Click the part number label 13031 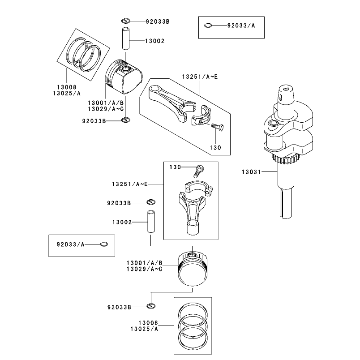point(251,172)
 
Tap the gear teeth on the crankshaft point(283,159)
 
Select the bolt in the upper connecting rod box point(217,127)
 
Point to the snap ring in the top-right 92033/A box point(208,26)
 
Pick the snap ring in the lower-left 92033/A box point(104,244)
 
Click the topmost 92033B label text point(158,21)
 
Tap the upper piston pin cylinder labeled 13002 point(126,39)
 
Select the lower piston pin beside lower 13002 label point(151,221)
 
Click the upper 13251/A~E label point(200,77)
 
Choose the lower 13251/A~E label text point(130,184)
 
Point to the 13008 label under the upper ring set point(67,87)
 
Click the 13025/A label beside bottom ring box point(144,329)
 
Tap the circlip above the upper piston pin point(126,21)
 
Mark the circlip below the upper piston point(126,120)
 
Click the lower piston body point(193,269)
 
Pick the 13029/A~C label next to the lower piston point(145,269)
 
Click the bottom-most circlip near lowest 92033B point(151,306)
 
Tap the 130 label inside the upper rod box point(215,148)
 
